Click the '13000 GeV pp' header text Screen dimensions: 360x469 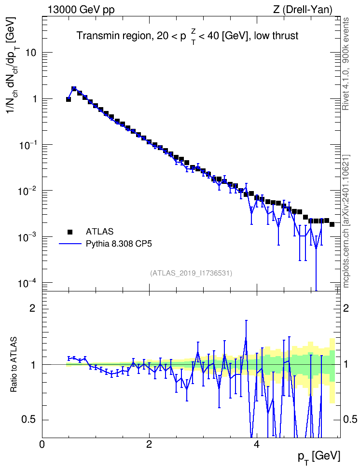click(81, 10)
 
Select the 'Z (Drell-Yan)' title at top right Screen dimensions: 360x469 click(303, 10)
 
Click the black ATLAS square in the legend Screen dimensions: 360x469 click(70, 232)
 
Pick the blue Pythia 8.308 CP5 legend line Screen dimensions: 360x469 click(70, 244)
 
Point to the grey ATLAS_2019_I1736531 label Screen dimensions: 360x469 click(191, 273)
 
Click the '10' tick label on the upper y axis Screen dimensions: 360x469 click(29, 53)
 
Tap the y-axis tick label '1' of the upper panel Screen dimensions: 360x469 click(34, 99)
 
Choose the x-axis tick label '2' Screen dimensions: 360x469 click(149, 443)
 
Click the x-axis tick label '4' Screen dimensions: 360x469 click(256, 443)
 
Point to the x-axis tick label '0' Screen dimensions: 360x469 click(42, 443)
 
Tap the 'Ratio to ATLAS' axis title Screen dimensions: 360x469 click(14, 365)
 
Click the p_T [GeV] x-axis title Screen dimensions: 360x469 click(319, 457)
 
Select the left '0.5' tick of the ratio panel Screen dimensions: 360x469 click(28, 420)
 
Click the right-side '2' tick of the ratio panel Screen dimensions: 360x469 click(346, 308)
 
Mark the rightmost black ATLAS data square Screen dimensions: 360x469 click(332, 224)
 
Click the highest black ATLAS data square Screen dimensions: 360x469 click(74, 88)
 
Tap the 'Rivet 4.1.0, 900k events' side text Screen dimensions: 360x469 click(346, 64)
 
